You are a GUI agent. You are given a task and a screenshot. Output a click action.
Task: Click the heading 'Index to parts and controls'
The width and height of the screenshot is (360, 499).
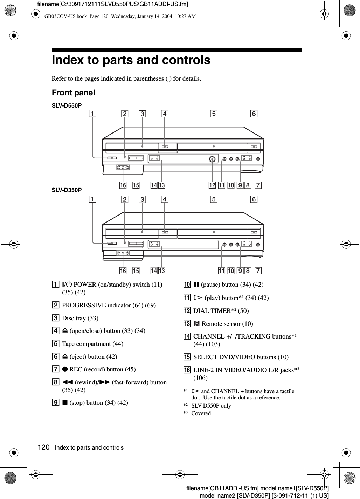[131, 60]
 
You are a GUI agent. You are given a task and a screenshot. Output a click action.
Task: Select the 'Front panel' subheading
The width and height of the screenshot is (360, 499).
[73, 93]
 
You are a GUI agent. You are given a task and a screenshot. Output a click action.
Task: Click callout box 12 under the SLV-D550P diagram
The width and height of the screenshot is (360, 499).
[212, 185]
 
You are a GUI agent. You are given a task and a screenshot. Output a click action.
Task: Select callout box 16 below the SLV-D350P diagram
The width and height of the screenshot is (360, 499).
[123, 271]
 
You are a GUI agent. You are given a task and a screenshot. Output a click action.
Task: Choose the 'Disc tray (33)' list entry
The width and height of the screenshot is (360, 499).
[80, 318]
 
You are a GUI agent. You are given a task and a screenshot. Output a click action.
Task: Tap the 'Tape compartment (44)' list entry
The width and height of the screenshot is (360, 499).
[92, 344]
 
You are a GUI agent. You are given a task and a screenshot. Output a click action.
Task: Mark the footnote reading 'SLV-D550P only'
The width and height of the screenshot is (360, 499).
[211, 406]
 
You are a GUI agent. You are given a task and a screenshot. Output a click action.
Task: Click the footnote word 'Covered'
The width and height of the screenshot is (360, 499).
[201, 413]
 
